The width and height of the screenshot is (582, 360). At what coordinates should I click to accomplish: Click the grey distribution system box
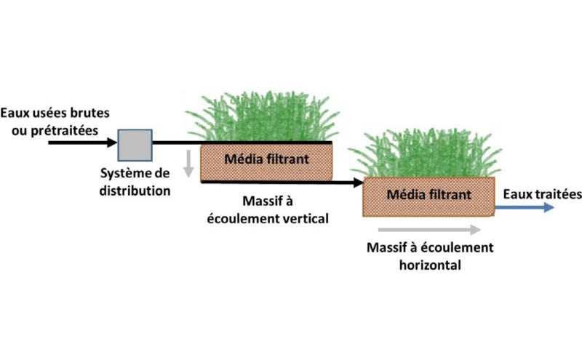[x=135, y=145]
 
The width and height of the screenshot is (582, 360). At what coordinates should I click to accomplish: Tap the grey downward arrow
[x=188, y=164]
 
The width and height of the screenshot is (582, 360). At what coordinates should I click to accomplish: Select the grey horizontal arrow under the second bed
[x=429, y=230]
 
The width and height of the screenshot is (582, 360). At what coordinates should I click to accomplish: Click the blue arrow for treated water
[x=525, y=207]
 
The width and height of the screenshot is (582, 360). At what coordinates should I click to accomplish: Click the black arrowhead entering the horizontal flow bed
[x=358, y=183]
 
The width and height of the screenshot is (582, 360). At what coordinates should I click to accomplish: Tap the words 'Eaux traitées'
[x=542, y=193]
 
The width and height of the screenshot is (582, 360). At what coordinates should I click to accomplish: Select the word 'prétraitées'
[x=65, y=131]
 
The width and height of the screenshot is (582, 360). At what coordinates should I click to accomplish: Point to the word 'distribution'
[x=135, y=191]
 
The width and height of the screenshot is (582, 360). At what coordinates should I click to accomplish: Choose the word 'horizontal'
[x=430, y=265]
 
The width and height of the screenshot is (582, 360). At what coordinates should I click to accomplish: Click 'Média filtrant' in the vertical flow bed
[x=266, y=159]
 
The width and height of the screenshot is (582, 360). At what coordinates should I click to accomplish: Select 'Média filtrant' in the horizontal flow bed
[x=429, y=194]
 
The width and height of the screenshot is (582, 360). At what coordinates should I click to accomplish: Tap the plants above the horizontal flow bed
[x=426, y=153]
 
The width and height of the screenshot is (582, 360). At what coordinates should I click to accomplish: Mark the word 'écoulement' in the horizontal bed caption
[x=459, y=247]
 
